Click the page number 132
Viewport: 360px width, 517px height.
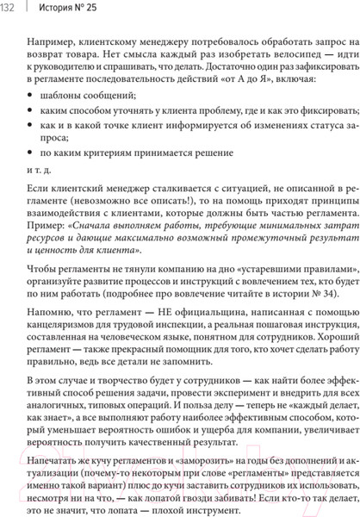(9, 10)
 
